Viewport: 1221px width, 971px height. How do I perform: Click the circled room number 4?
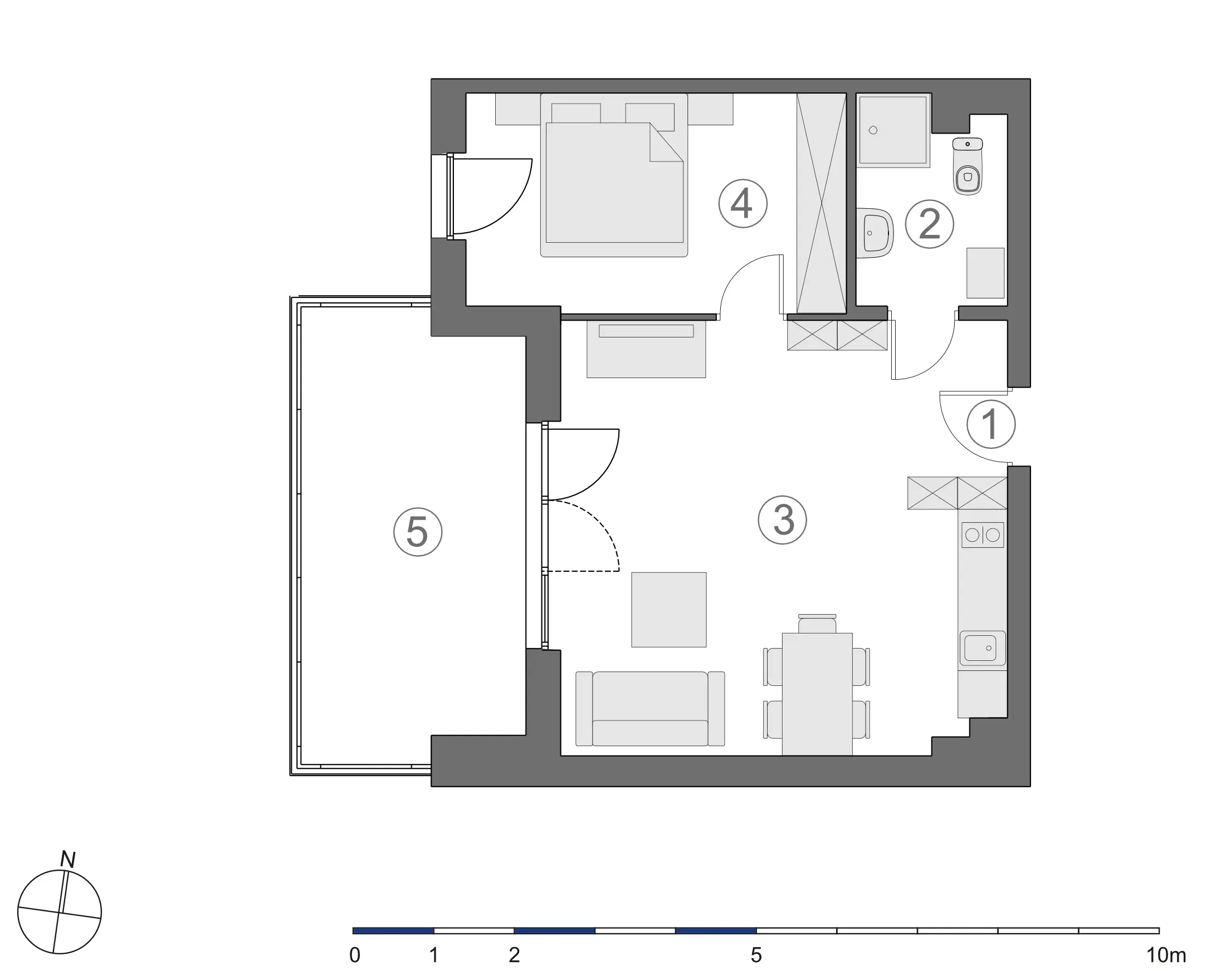743,204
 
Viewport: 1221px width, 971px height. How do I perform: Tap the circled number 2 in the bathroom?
929,224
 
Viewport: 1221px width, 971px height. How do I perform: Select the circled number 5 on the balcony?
418,532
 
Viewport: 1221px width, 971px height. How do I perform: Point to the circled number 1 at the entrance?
990,425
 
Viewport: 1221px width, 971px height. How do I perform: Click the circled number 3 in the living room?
782,520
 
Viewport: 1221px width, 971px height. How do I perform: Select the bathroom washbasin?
875,233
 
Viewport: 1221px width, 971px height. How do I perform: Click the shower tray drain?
873,130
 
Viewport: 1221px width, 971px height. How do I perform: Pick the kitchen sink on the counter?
983,648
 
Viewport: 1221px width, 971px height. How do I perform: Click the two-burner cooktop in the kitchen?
983,534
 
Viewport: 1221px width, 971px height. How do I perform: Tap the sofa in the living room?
650,709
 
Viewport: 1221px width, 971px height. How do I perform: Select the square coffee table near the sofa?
669,610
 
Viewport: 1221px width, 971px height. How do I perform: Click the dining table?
817,694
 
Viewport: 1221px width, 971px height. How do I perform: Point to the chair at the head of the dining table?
817,624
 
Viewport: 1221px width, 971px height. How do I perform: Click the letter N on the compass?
68,860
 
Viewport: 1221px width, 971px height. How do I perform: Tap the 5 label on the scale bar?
756,955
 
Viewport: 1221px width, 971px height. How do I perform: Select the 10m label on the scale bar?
1166,955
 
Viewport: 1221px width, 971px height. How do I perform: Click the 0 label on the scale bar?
354,955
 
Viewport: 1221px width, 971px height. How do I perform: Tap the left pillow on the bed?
575,113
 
